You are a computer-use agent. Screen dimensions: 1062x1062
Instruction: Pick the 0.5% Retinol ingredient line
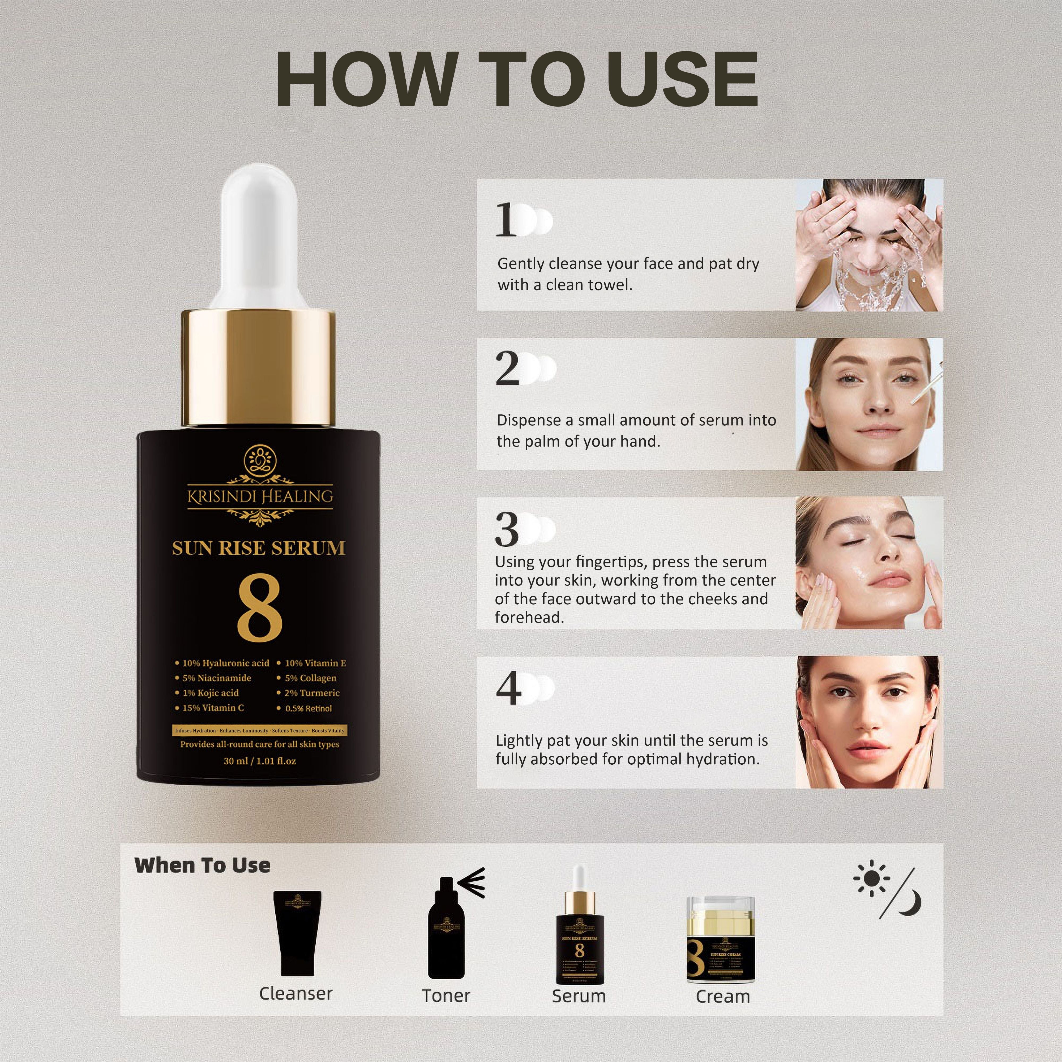tap(308, 709)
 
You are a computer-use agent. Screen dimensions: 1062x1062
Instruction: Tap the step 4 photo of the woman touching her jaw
tap(868, 722)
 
